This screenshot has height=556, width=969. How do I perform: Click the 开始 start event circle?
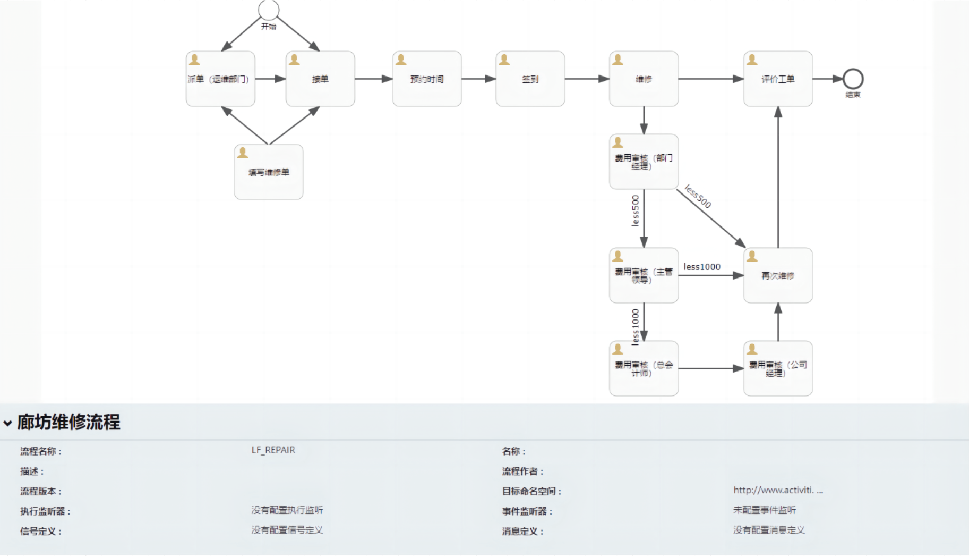269,10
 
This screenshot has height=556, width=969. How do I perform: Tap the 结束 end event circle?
853,79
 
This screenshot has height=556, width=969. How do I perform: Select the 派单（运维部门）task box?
220,79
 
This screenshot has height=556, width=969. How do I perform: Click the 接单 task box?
320,79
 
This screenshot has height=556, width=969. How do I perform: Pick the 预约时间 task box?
427,79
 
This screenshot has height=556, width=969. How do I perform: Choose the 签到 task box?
530,79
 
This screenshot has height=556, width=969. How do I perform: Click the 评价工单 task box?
778,79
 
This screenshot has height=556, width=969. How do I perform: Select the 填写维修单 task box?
269,172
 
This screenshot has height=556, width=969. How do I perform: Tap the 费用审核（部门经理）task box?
644,162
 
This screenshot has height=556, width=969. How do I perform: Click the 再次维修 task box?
778,275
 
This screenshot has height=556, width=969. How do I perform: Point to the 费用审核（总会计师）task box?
644,368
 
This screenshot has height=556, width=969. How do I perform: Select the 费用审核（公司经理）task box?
778,368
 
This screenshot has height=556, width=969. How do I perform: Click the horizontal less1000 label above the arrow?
702,267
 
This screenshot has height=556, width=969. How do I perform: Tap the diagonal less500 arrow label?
698,197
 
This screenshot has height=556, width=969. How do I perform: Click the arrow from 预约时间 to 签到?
478,79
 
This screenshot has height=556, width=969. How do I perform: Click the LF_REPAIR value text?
273,450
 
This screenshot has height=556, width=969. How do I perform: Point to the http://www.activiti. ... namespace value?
778,490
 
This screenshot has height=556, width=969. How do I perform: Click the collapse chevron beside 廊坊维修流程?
7,423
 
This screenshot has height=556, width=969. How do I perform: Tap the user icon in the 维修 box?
618,60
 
